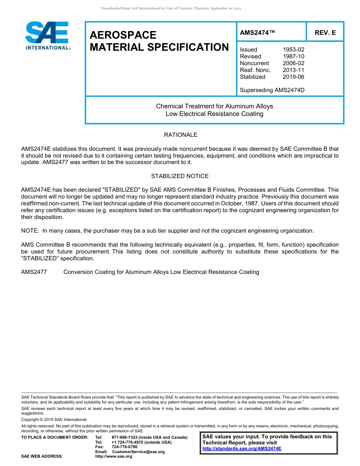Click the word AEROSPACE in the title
coord(123,35)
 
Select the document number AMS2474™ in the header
coord(257,33)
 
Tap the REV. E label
coord(325,33)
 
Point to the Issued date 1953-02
coord(293,50)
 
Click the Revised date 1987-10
coord(293,56)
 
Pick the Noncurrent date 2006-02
coord(293,63)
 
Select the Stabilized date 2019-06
coord(293,77)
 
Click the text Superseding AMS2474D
coord(272,90)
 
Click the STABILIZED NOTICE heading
coord(180,176)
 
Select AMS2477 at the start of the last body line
coord(34,272)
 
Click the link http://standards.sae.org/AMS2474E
coord(242,449)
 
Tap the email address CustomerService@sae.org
coord(138,452)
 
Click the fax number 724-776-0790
coord(124,447)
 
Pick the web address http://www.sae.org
coord(114,457)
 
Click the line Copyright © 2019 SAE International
coord(54,420)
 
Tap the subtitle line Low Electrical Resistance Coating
coord(214,114)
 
